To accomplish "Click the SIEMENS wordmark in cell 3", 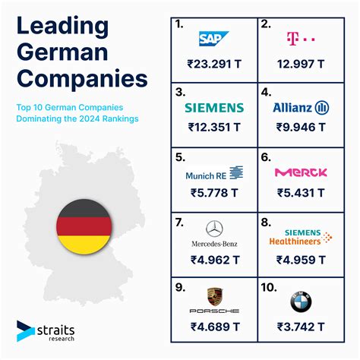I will click(x=215, y=108).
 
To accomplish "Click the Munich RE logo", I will click(x=215, y=174).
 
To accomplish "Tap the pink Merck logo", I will click(x=301, y=172).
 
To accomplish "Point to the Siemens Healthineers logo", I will click(x=301, y=237).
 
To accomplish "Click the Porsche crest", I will click(x=215, y=296).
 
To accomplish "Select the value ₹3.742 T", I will click(x=300, y=327).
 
